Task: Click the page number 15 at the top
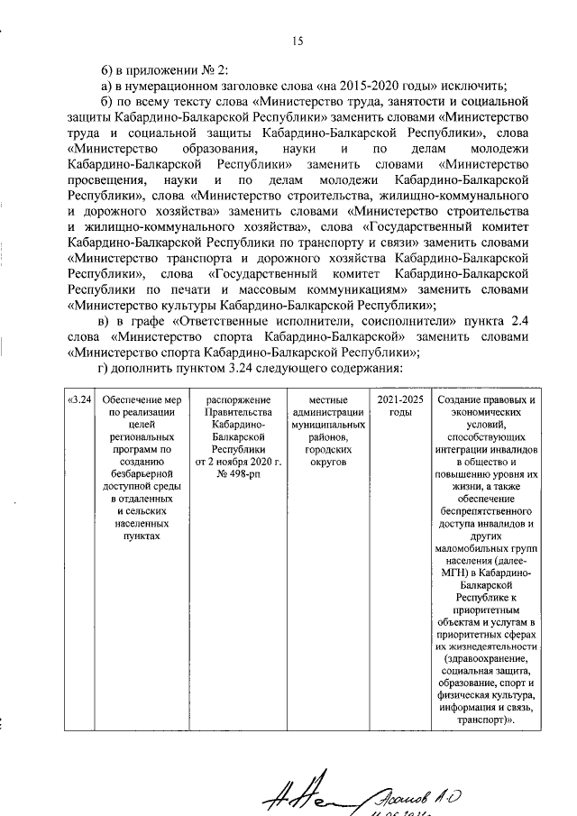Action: (297, 40)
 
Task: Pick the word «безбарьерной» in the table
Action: (137, 471)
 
